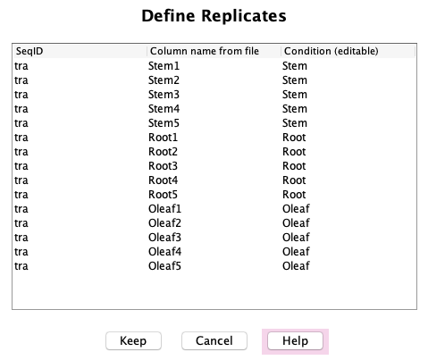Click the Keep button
coord(133,340)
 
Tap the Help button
coord(295,340)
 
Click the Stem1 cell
coord(164,66)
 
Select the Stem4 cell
coord(164,109)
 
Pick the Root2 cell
coord(163,152)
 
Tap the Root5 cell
coord(163,195)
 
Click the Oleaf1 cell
coord(164,209)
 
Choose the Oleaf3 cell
coord(164,238)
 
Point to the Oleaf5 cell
coord(164,266)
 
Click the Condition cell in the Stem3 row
coord(295,95)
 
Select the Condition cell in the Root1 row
coord(294,138)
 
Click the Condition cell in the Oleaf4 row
coord(296,252)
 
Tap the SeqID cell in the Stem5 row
coord(21,123)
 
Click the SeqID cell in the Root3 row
coord(21,166)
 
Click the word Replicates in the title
coord(244,16)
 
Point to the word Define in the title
coord(168,15)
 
